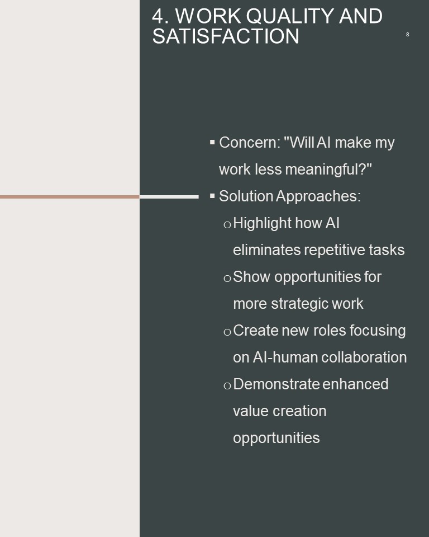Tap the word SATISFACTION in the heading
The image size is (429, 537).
tap(226, 36)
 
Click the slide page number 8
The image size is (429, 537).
tap(407, 34)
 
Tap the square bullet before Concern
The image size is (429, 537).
tap(212, 142)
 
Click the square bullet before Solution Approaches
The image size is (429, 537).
tap(212, 196)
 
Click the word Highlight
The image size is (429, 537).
tap(262, 223)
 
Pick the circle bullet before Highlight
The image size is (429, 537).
tap(227, 225)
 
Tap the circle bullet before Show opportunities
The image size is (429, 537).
tap(227, 278)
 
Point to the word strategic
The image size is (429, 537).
tap(296, 304)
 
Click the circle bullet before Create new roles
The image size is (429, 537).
tap(227, 332)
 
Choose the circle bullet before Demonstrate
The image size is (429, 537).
tap(227, 385)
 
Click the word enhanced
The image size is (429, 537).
tap(355, 384)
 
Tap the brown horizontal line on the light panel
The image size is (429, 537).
tap(70, 197)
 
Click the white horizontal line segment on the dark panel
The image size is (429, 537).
tap(169, 197)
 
